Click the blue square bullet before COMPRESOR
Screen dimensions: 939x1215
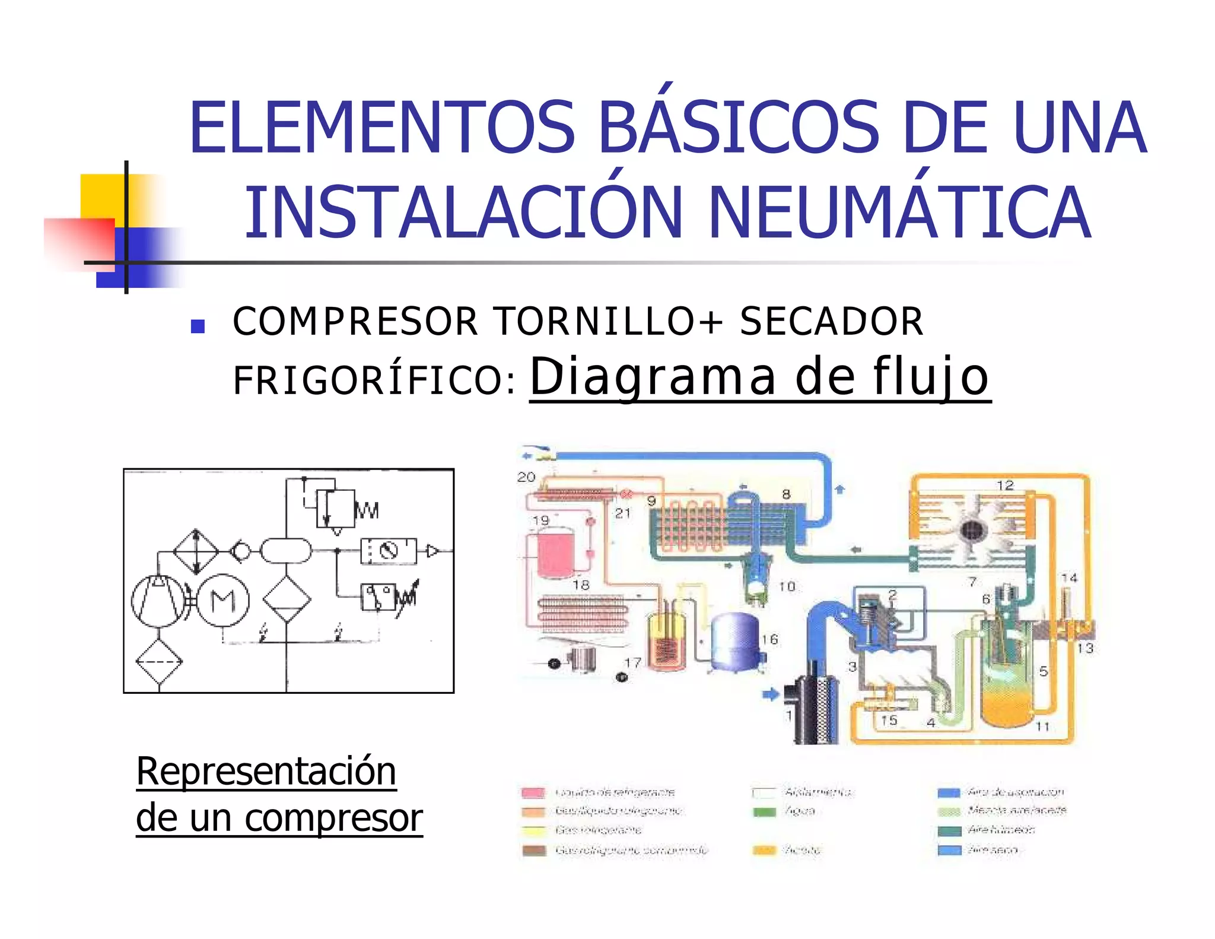198,326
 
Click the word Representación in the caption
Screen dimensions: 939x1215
266,771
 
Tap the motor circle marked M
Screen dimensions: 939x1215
223,601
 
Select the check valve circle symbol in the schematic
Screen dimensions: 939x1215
240,551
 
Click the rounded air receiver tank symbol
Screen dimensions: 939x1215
286,550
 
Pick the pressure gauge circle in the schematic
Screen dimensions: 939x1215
389,551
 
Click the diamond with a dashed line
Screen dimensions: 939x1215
159,662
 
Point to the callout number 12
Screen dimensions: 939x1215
1005,486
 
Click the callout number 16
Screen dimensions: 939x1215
769,639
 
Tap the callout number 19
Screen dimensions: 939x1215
541,521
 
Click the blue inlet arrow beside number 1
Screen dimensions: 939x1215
770,694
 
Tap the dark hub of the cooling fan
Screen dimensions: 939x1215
972,530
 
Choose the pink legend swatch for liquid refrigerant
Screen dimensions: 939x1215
533,792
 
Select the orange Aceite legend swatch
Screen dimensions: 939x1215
764,850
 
